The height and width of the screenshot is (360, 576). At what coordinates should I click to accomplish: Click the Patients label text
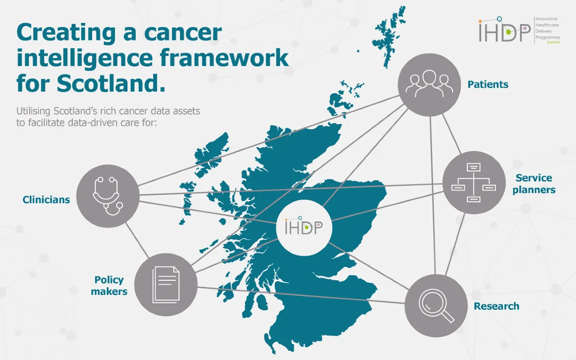[488, 85]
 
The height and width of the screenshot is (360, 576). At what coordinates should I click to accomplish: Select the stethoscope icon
[108, 196]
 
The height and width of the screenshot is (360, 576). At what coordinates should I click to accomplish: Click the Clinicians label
[46, 200]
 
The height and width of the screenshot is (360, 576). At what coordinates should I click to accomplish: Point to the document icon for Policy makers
[166, 285]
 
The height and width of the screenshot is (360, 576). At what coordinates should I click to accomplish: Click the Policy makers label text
[109, 285]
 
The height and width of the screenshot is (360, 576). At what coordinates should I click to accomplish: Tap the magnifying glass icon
[436, 306]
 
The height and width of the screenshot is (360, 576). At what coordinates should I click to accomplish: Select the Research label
[496, 306]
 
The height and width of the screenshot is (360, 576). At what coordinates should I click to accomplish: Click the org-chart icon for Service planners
[473, 182]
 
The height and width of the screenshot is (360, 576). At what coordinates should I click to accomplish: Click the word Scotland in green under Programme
[553, 42]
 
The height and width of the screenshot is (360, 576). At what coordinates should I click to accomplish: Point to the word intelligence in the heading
[85, 58]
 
